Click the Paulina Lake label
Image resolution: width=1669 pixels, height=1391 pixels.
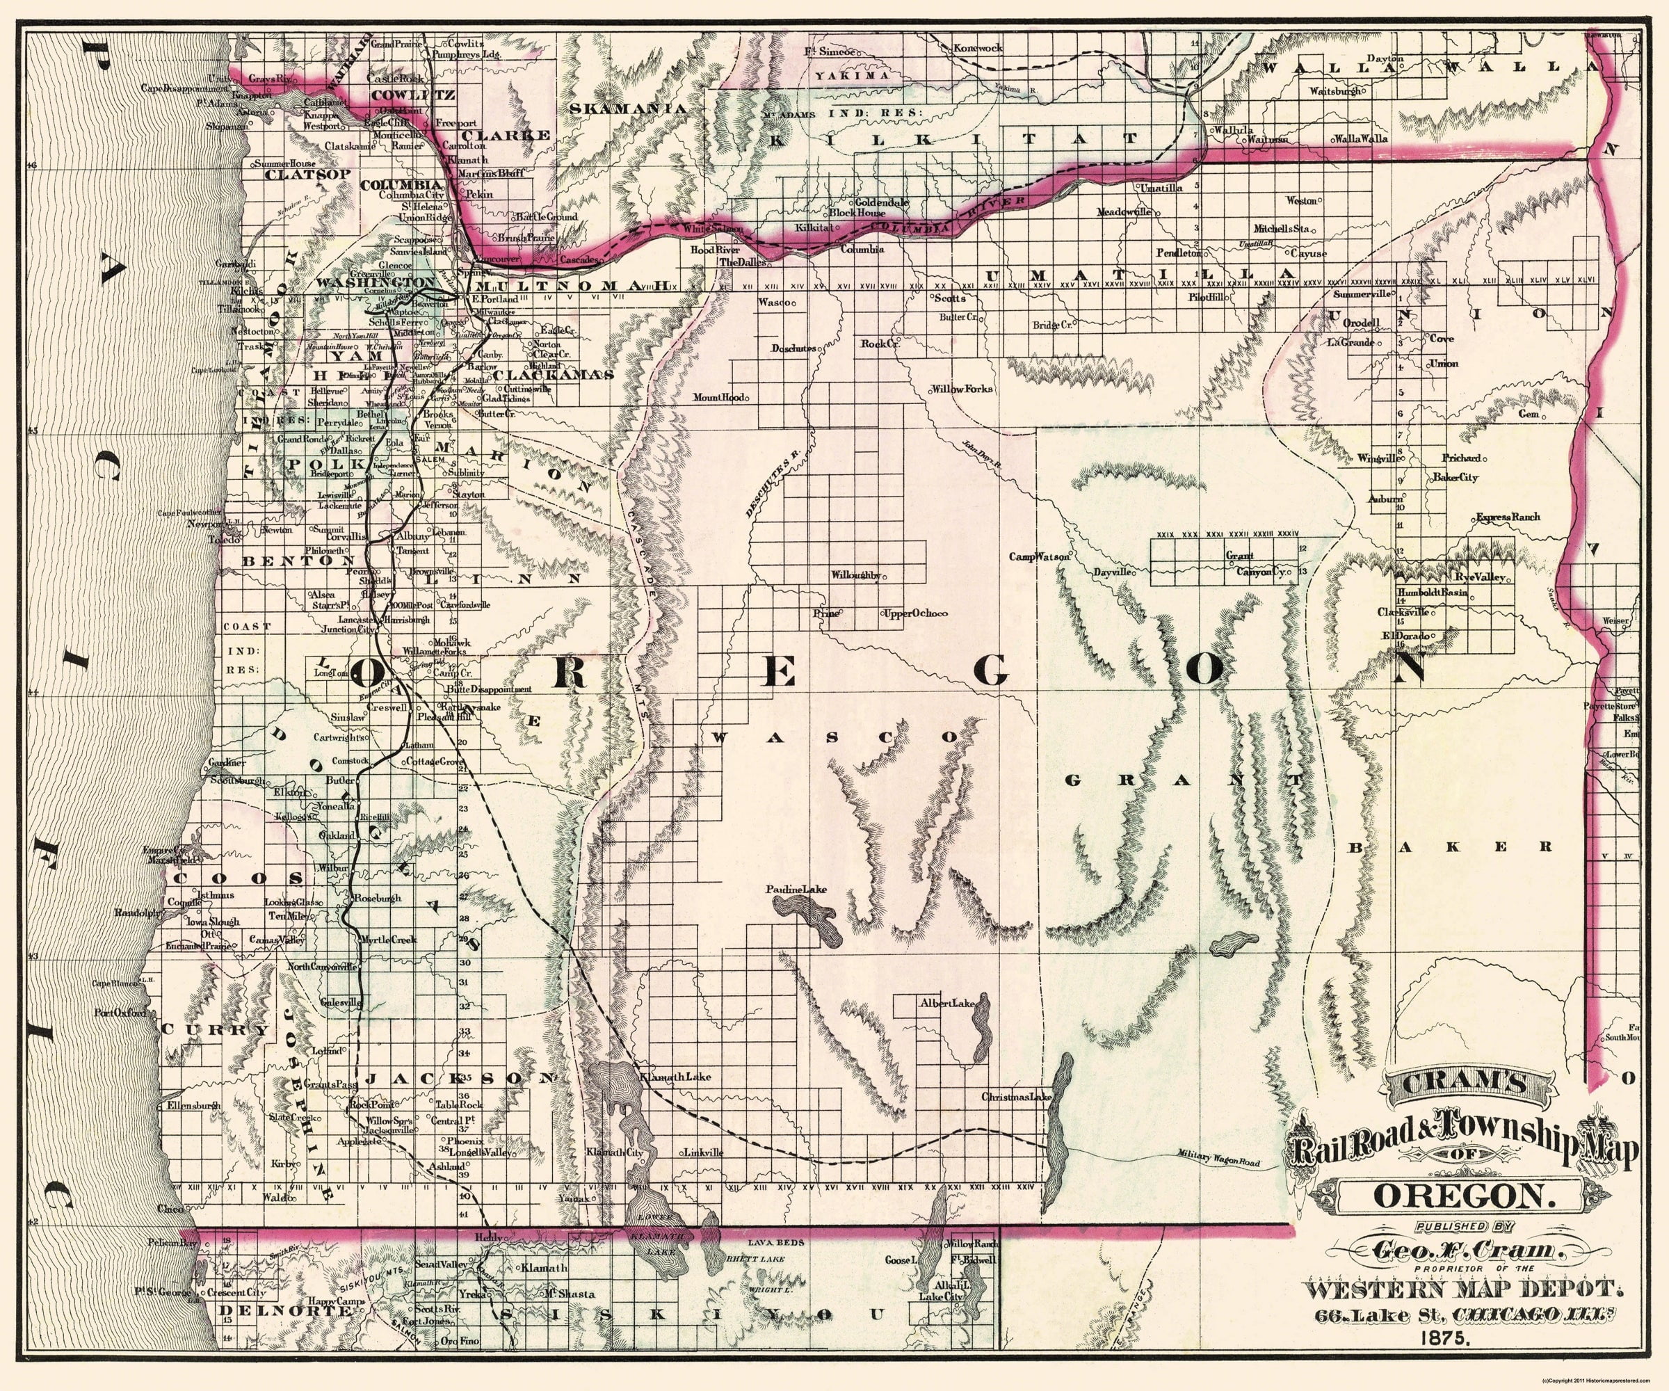click(796, 890)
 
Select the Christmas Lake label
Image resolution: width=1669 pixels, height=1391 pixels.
click(1016, 1097)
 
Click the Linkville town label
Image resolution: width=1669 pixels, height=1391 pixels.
click(703, 1152)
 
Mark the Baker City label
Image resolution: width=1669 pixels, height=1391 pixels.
click(1456, 478)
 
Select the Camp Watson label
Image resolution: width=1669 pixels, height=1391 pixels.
click(1039, 556)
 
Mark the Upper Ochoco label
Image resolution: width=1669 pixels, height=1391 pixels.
click(914, 613)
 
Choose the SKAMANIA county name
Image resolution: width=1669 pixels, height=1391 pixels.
click(628, 107)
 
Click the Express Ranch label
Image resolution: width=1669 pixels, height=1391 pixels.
click(1508, 517)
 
